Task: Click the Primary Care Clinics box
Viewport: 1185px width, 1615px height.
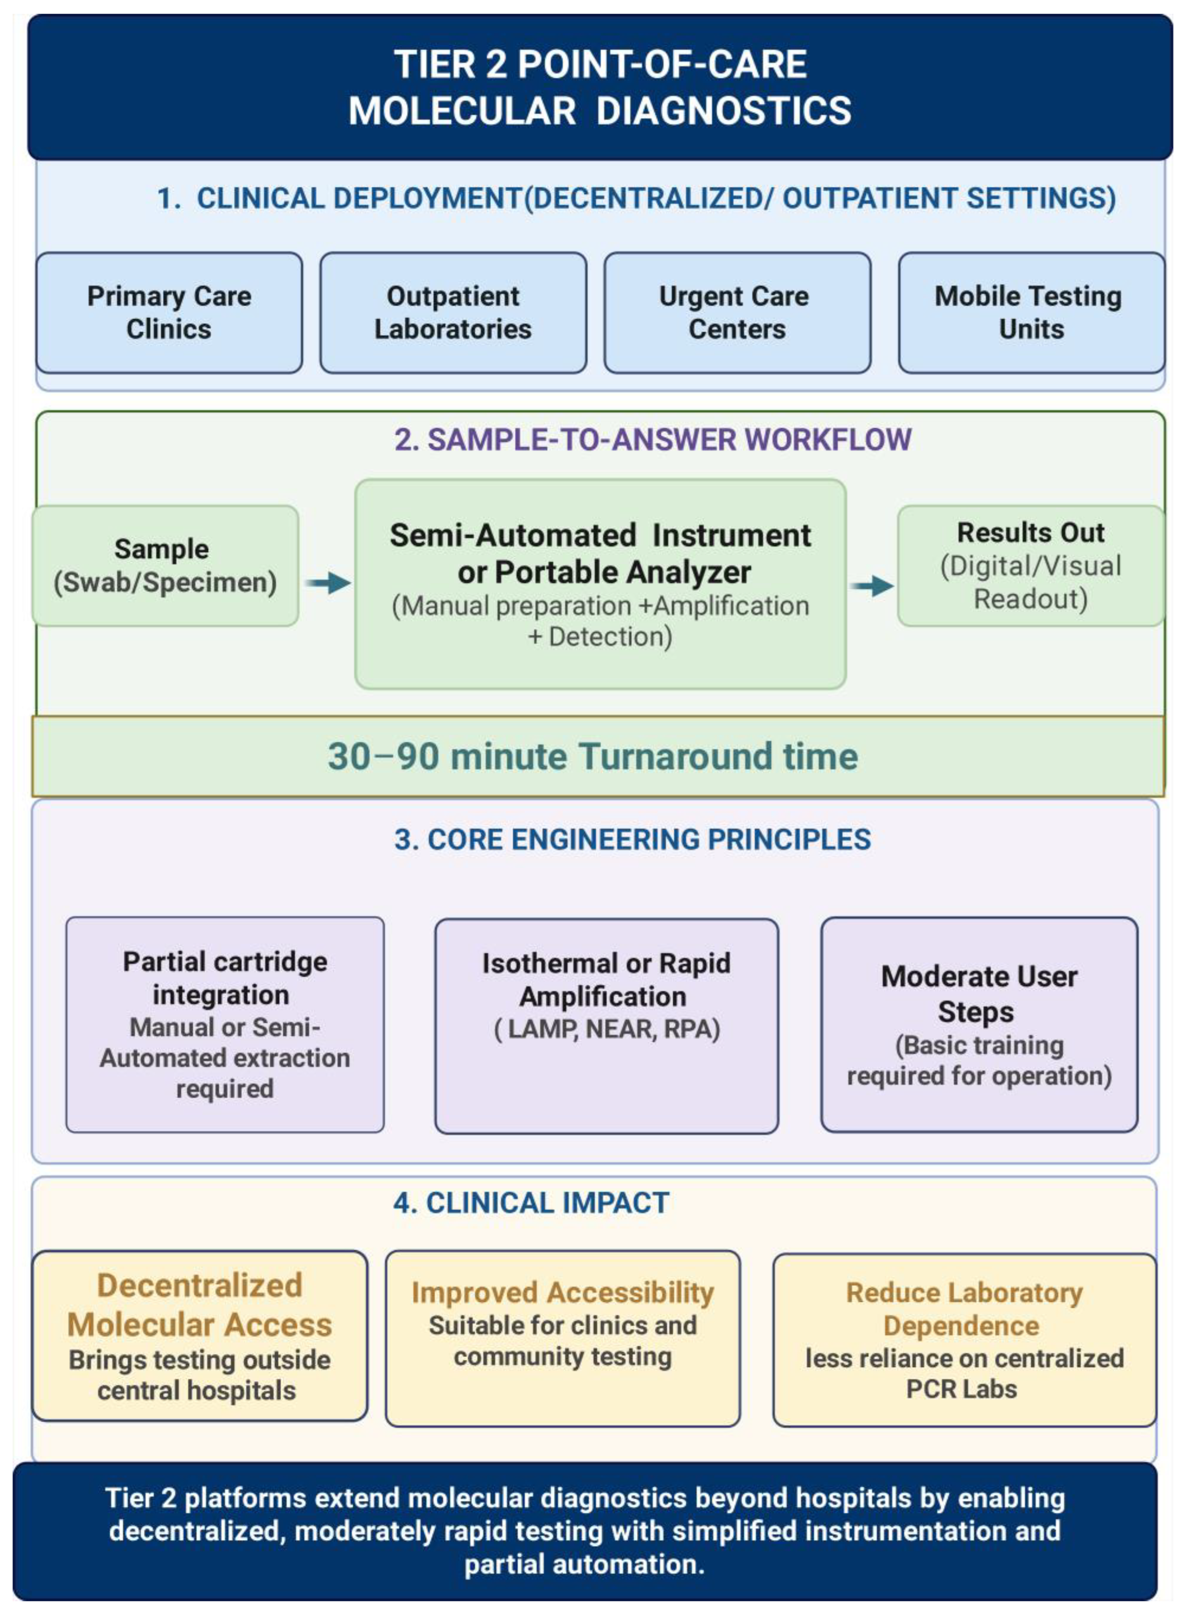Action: click(x=169, y=313)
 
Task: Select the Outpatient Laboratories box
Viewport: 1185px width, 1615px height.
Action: click(x=453, y=313)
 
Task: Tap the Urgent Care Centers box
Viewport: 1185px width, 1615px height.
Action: click(x=737, y=313)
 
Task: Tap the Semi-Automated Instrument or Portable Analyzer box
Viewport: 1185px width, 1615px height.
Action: click(x=600, y=584)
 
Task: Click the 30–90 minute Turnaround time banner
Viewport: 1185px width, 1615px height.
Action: click(x=598, y=756)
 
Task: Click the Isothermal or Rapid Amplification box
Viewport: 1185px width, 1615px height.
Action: click(x=606, y=1026)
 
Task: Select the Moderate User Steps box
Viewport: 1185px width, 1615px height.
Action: click(x=979, y=1024)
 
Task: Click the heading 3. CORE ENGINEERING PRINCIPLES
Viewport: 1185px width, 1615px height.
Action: click(x=633, y=840)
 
